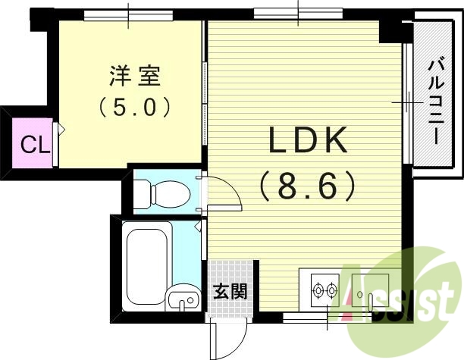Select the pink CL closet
coord(30,143)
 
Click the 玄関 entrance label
coord(228,291)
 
